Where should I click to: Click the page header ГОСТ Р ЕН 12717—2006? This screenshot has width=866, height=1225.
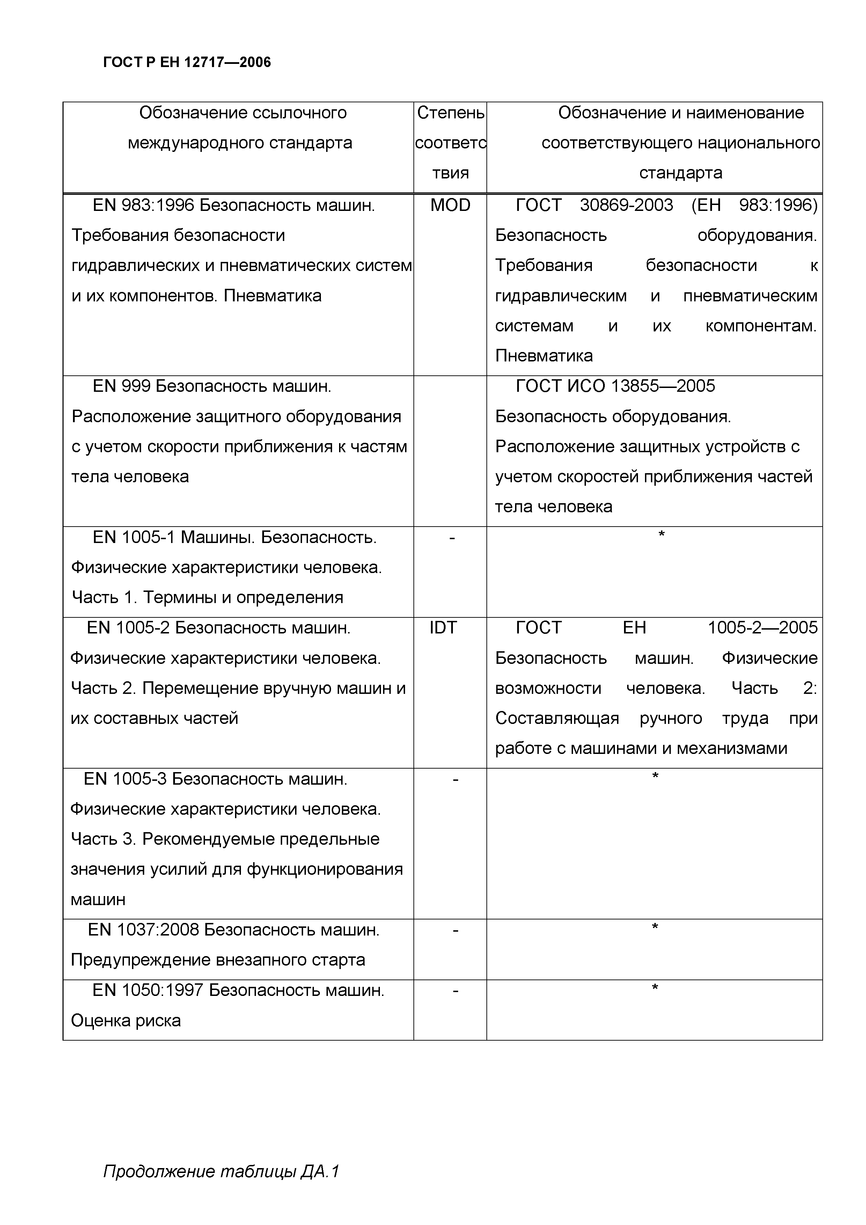tap(187, 63)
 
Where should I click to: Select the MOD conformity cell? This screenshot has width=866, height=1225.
tap(450, 205)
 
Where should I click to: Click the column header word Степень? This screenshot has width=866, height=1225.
tap(450, 112)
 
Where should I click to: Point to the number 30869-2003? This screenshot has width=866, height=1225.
tap(626, 205)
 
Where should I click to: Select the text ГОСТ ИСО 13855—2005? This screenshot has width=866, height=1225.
tap(615, 386)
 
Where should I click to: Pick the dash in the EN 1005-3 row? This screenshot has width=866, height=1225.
tap(455, 779)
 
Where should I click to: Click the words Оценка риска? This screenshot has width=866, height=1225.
tap(126, 1021)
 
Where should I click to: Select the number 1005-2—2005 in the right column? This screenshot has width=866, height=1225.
tap(762, 628)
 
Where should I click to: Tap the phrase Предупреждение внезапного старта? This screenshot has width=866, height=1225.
tap(218, 960)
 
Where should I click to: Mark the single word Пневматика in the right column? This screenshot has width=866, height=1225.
tap(544, 356)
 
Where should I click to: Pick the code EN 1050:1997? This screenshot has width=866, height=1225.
tap(148, 991)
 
